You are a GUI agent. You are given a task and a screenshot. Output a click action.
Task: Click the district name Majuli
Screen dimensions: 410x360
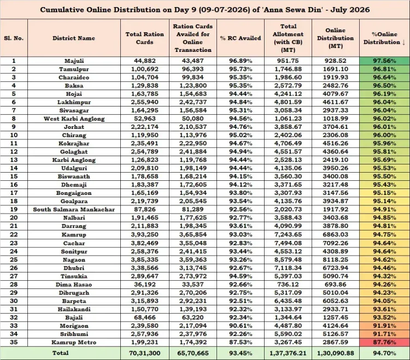[x=74, y=61]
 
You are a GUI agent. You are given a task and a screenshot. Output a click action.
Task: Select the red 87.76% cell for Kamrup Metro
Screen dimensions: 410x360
[x=384, y=342]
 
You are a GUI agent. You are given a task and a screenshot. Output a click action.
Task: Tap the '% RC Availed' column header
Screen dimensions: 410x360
[x=241, y=38]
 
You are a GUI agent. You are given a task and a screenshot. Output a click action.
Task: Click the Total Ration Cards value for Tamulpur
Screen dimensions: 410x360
[x=145, y=69]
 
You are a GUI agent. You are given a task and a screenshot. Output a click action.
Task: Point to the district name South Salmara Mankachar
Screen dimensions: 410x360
[x=74, y=210]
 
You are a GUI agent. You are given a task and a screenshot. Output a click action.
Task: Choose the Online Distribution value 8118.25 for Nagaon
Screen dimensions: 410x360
[x=336, y=259]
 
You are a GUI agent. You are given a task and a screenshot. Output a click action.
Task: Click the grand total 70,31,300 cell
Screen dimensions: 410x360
[x=145, y=353]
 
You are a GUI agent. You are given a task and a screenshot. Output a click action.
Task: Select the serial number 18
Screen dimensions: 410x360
[x=14, y=201]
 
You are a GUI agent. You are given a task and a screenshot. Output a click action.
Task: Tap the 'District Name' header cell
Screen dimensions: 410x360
[x=74, y=38]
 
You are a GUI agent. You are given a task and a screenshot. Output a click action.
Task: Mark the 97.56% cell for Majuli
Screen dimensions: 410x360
[x=384, y=61]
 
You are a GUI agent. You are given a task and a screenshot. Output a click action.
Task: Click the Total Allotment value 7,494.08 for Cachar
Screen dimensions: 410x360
[x=288, y=243]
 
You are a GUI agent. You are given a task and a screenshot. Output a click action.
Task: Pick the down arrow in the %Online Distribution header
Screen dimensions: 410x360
[x=404, y=42]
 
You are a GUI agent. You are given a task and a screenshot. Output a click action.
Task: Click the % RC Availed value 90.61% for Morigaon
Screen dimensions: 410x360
[x=241, y=326]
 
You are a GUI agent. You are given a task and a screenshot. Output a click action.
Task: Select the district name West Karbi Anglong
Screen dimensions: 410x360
[x=74, y=119]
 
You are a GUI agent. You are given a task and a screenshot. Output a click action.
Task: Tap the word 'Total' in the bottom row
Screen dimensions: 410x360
[x=60, y=353]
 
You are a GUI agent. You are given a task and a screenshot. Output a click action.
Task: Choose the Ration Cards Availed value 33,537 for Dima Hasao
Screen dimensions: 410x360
[x=193, y=285]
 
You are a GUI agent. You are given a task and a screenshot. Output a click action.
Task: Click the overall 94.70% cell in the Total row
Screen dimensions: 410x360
[x=384, y=353]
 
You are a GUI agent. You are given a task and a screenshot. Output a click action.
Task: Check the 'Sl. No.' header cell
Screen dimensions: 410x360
[x=14, y=38]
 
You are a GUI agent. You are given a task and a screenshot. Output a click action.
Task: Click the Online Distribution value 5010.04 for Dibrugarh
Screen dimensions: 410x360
[x=336, y=293]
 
